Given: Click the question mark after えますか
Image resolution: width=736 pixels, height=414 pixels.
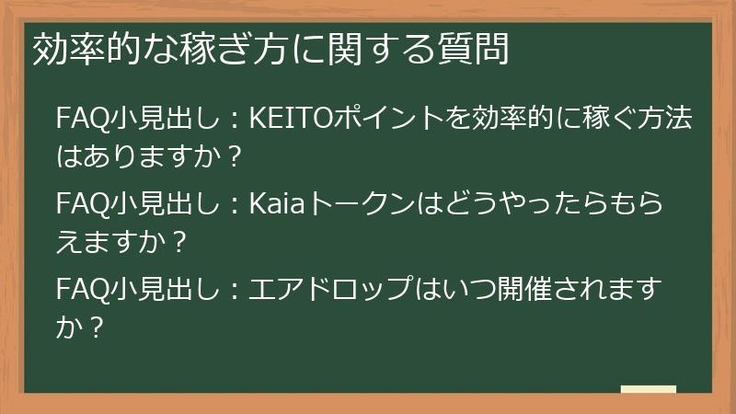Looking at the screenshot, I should (x=180, y=243).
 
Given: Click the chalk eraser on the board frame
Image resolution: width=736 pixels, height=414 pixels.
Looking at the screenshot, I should (x=649, y=389).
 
